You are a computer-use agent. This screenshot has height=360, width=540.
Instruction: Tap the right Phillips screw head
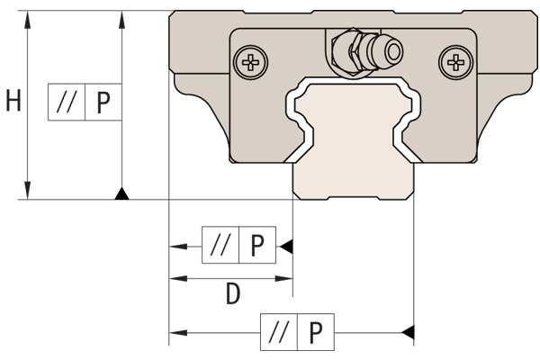454,62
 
